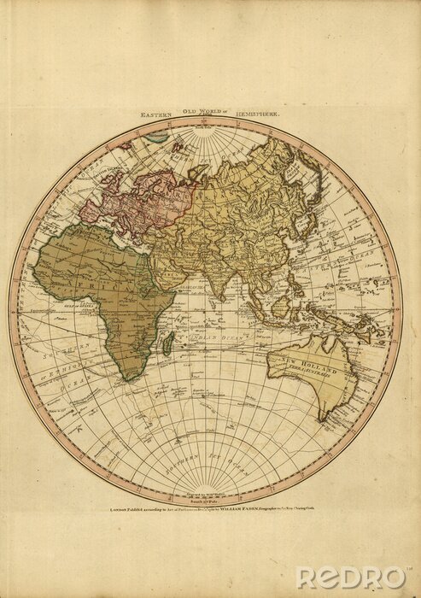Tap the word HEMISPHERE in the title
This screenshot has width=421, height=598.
(267, 113)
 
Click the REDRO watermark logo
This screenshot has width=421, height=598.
(352, 578)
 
